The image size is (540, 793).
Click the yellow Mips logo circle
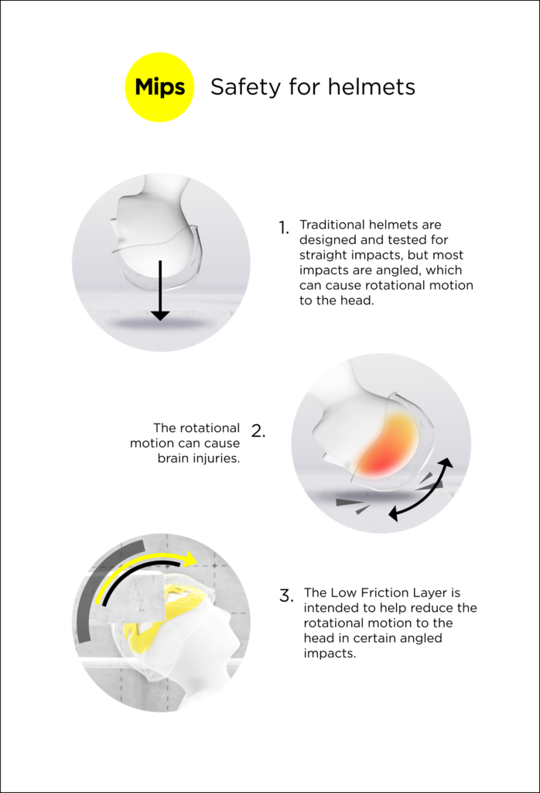[159, 87]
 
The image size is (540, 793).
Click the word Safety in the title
[246, 87]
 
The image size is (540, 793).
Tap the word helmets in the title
[371, 87]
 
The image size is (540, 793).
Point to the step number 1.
[284, 228]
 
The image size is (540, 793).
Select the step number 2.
[258, 431]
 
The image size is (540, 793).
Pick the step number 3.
[286, 596]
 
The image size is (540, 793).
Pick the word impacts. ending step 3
[330, 654]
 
